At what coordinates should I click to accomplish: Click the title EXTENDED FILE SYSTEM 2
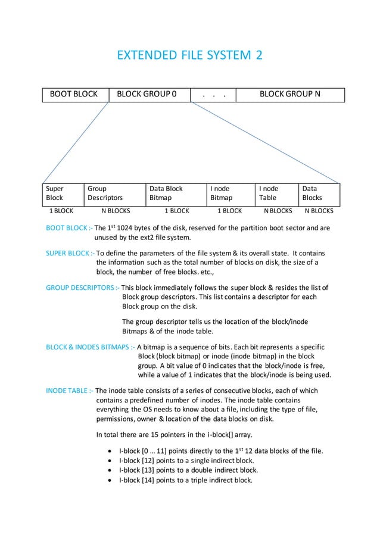(189, 56)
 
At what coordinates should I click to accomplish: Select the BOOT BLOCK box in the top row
(75, 94)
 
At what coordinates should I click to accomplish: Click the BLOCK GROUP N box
(290, 94)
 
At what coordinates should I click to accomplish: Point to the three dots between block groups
(213, 94)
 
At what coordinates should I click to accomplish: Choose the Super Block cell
(63, 193)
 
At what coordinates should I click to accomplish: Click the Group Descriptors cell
(114, 193)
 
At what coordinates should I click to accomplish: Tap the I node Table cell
(276, 193)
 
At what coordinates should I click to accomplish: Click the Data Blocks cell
(319, 193)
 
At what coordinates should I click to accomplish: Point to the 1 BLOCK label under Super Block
(61, 211)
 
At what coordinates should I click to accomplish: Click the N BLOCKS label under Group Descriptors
(116, 211)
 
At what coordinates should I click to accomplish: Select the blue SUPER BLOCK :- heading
(70, 253)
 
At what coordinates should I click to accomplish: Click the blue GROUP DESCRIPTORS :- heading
(82, 288)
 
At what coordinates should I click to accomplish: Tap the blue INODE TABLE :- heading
(69, 391)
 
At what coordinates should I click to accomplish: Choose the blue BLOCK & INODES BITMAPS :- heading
(91, 345)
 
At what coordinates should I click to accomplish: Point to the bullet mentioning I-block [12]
(186, 461)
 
